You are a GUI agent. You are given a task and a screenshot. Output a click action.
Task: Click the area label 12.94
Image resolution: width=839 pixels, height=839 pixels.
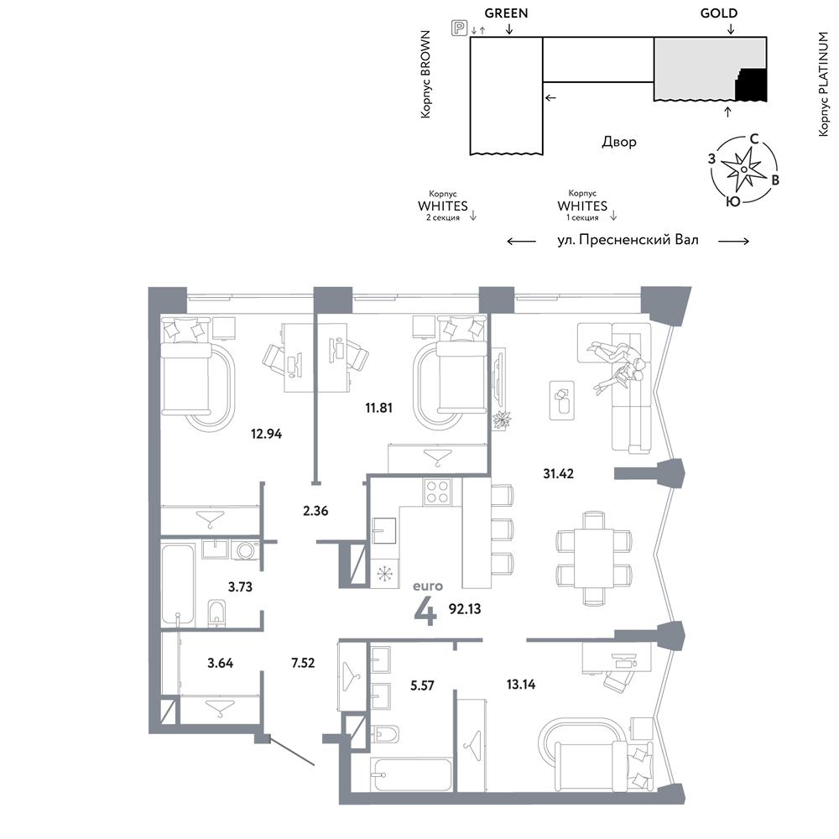(266, 434)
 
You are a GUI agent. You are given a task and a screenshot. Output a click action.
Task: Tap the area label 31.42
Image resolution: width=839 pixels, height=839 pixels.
(558, 473)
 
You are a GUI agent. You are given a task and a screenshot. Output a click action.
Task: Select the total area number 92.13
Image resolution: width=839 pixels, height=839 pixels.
(465, 609)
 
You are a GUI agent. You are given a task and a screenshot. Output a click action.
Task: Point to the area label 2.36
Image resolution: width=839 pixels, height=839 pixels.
(315, 511)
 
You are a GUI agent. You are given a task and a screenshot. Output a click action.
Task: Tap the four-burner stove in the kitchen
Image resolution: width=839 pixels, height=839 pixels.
(437, 492)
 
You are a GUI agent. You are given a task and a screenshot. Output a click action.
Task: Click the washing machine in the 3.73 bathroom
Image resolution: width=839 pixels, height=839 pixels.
(246, 550)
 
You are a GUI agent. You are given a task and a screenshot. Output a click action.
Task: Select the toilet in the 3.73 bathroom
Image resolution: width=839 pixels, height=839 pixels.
(216, 612)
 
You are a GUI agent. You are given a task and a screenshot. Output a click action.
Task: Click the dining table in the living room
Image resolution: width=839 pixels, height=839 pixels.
(593, 558)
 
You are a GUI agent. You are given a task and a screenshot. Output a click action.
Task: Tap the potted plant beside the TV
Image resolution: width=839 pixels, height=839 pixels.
(502, 419)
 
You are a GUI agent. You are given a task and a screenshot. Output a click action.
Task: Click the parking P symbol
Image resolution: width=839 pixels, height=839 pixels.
(459, 28)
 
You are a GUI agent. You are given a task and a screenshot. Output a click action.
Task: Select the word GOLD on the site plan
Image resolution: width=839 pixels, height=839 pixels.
(719, 13)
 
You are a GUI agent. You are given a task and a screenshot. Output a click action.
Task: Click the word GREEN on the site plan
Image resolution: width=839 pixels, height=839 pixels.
(506, 13)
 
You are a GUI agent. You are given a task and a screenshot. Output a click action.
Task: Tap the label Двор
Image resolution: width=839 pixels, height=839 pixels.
(619, 143)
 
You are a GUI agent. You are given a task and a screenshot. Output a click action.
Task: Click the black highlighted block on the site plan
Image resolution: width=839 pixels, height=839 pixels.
(752, 86)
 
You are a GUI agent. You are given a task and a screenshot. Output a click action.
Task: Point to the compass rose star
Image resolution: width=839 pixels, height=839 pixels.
(743, 169)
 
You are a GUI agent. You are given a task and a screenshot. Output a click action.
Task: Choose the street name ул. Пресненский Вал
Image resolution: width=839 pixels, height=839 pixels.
(628, 240)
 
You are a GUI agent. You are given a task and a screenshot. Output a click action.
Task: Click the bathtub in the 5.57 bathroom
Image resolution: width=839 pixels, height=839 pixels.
(411, 774)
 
